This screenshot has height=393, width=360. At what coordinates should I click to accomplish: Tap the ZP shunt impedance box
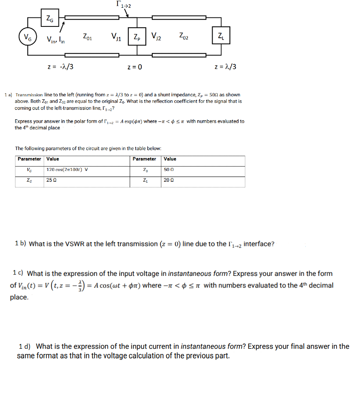(x=137, y=37)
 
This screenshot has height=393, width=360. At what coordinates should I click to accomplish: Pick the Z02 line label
(x=184, y=37)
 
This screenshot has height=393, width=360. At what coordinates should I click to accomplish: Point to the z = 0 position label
(x=135, y=67)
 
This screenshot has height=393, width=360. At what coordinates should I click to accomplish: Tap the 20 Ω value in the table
(x=169, y=180)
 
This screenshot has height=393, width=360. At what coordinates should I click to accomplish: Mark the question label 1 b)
(x=20, y=244)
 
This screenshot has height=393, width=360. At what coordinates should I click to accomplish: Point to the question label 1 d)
(x=25, y=346)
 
